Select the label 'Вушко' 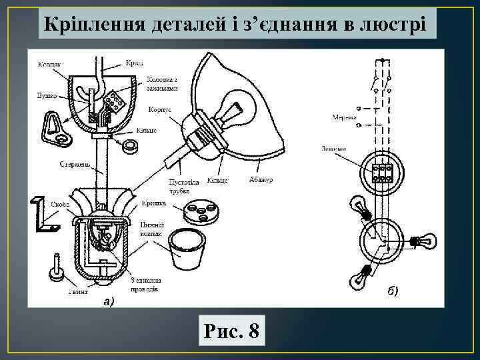[x=47, y=95]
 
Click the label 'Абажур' [x=261, y=179]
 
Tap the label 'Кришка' [x=154, y=201]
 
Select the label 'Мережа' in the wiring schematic [x=343, y=117]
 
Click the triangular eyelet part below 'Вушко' [x=55, y=127]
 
